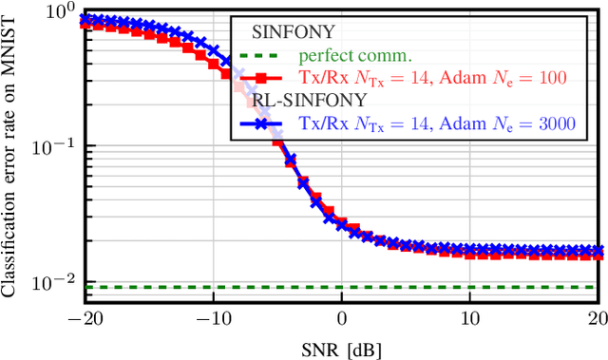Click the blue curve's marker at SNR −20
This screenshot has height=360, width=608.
click(85, 18)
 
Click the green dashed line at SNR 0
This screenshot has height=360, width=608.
click(342, 287)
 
